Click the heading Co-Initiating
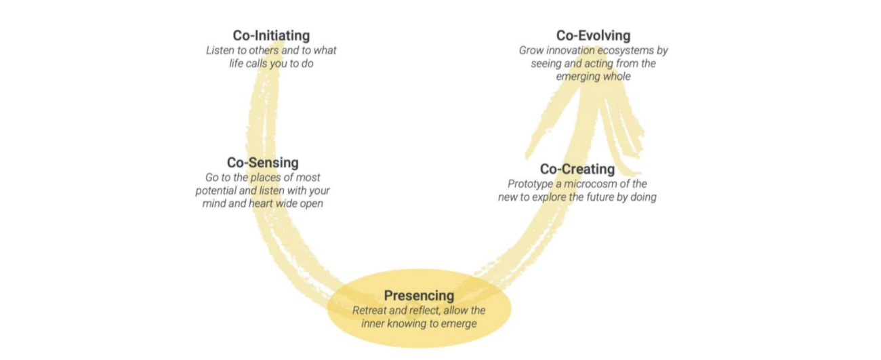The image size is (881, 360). tap(270, 35)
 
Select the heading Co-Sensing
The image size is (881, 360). tap(262, 163)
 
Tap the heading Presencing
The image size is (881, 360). tap(419, 296)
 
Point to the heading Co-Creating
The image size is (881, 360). tap(577, 169)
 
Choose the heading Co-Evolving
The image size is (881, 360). tap(593, 35)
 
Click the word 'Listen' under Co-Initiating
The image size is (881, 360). tap(222, 51)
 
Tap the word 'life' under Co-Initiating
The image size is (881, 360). tap(238, 64)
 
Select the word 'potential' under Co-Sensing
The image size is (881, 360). tap(216, 191)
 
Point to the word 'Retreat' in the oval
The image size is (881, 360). tap(370, 310)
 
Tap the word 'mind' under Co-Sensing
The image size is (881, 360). tap(216, 203)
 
